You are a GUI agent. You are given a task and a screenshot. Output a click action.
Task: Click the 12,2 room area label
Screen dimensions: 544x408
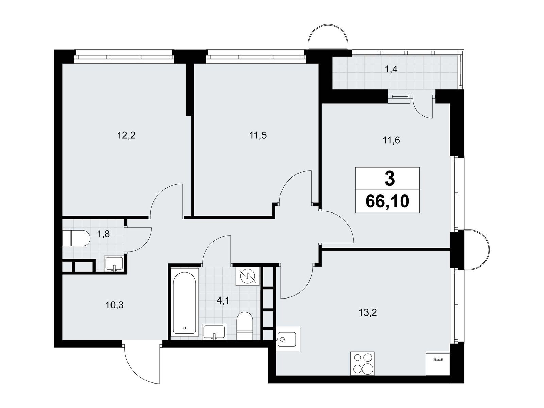pos(126,136)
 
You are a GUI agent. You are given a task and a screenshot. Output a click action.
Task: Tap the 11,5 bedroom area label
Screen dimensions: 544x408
pos(258,136)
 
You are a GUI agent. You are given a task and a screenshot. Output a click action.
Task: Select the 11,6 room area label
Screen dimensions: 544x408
pos(391,141)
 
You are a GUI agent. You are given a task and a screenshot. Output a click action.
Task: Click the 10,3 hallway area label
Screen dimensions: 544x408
pos(115,305)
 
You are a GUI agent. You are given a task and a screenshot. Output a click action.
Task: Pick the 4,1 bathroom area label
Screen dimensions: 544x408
pos(223,301)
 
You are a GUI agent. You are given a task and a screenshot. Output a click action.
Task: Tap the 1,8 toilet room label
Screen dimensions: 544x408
pos(104,234)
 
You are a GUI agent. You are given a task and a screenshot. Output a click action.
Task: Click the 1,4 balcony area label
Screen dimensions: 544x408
pos(391,70)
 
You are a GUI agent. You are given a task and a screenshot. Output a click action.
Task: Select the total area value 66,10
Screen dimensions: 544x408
pos(387,201)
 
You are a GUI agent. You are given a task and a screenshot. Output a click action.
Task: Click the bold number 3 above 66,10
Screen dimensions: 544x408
pos(390,179)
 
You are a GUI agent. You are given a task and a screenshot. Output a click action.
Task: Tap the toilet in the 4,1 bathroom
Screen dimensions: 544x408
pos(244,326)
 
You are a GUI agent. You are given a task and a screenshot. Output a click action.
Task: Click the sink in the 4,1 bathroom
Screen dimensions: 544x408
pos(214,332)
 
